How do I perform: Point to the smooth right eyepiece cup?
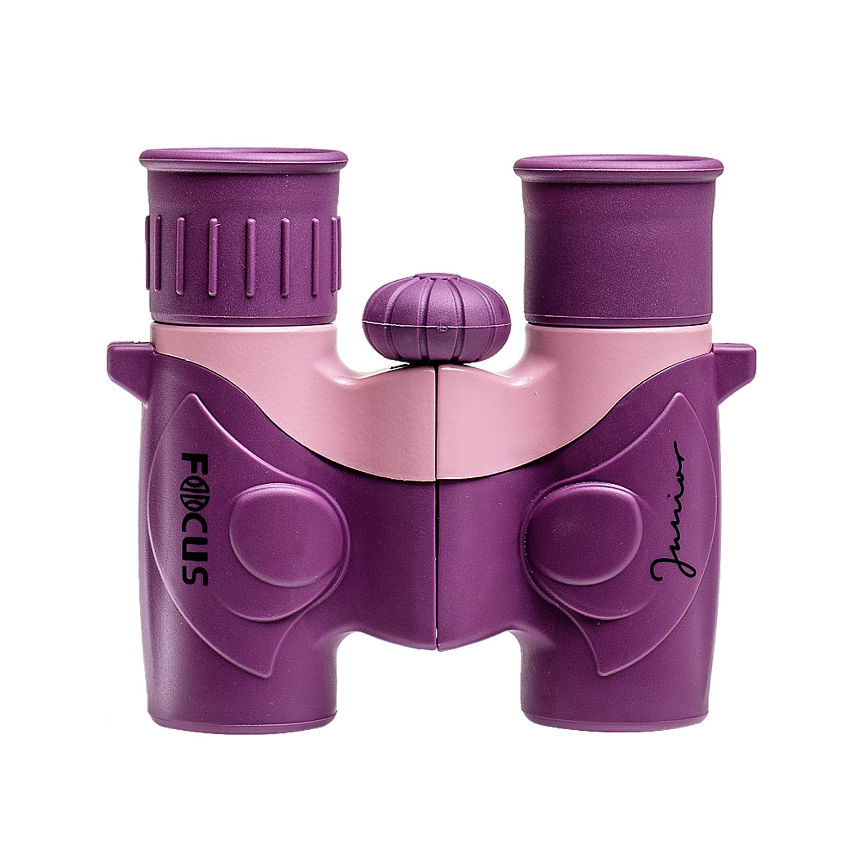(x=618, y=238)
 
